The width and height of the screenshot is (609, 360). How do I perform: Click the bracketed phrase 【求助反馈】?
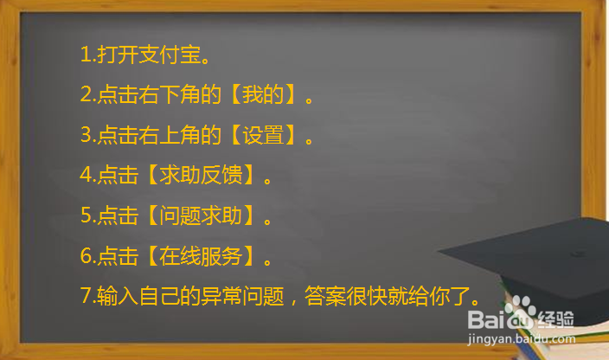click(x=201, y=175)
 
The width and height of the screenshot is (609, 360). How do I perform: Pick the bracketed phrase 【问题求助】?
click(x=201, y=215)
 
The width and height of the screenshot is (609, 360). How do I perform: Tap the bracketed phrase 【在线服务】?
click(x=201, y=255)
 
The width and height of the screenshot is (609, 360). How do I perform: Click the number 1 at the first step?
click(x=85, y=56)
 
